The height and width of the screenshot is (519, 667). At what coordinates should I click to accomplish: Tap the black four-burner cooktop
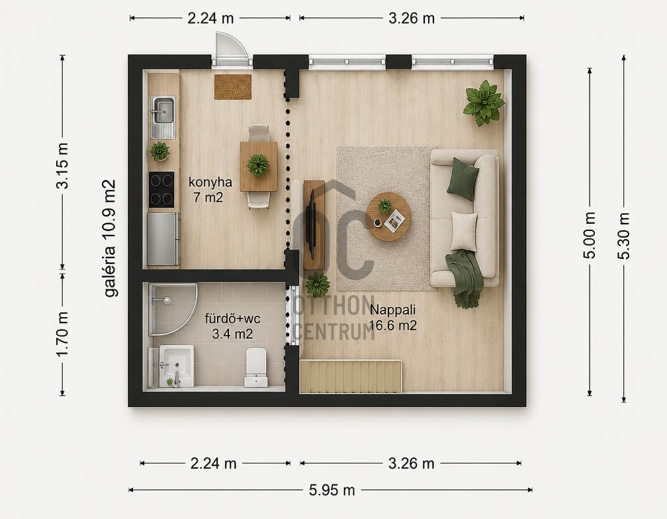161,189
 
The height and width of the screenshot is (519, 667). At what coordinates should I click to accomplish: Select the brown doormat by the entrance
233,86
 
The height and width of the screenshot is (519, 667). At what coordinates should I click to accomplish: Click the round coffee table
388,216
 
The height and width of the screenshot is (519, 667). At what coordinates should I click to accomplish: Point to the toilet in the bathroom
256,367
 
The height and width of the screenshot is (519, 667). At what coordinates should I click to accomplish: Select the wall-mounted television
312,224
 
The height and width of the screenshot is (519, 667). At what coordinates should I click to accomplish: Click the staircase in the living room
351,377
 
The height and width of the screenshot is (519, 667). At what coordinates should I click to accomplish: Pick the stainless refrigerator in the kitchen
163,239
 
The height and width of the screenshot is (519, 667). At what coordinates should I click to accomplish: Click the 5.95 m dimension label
332,490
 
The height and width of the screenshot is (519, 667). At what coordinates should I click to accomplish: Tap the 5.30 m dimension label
623,236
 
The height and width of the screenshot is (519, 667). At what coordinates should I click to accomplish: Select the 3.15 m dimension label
62,165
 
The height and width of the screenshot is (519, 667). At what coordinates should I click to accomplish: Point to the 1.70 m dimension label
62,334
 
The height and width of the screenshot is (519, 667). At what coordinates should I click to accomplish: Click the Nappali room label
392,309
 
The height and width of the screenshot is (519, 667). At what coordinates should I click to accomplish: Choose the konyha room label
210,182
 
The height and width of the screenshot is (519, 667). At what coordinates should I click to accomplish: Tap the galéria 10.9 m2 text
109,238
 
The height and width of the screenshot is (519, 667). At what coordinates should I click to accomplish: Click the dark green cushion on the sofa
463,179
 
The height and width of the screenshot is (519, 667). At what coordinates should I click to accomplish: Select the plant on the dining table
258,165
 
